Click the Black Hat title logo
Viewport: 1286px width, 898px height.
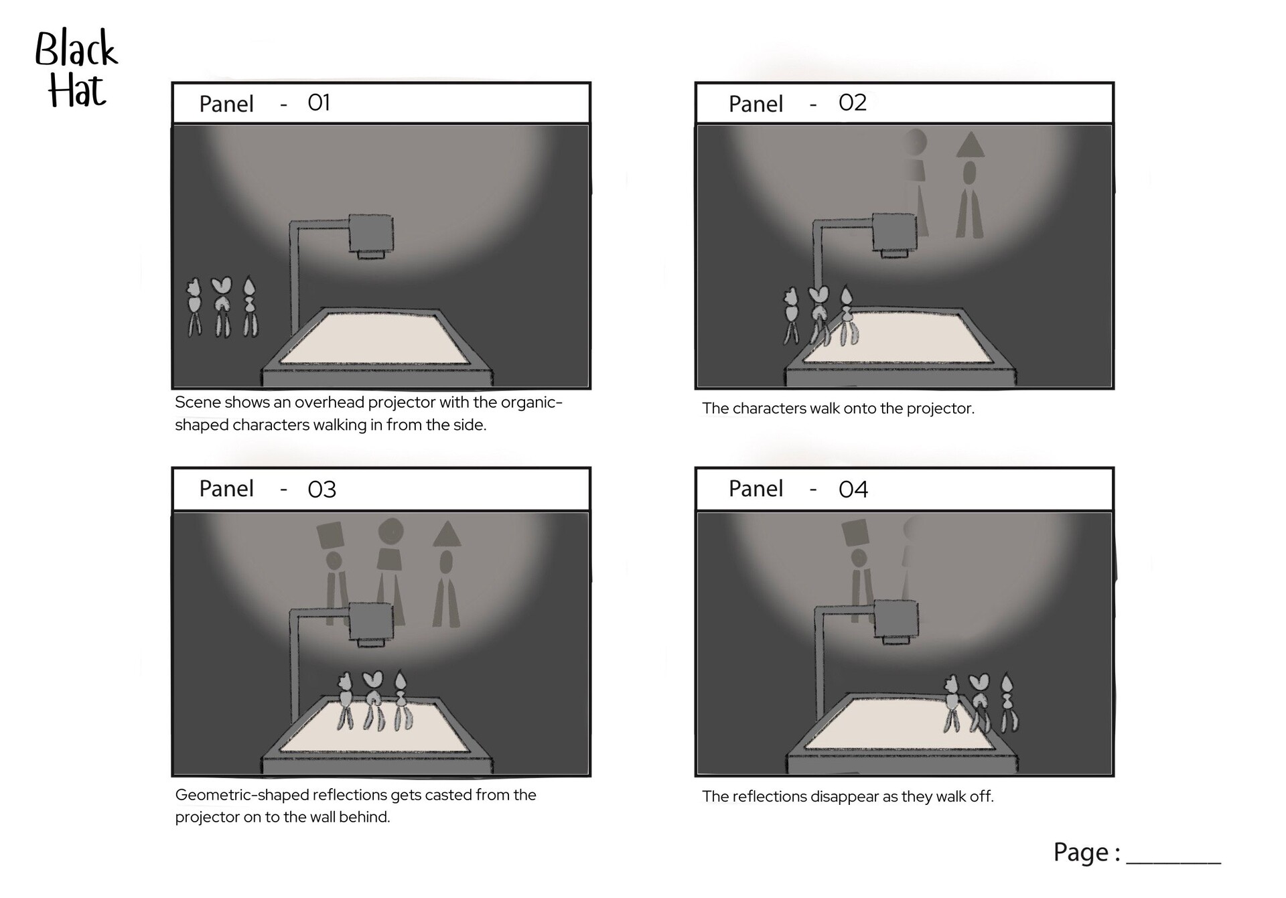pyautogui.click(x=76, y=69)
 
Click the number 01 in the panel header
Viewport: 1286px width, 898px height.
pyautogui.click(x=319, y=102)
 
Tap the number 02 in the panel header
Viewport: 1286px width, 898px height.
pyautogui.click(x=853, y=102)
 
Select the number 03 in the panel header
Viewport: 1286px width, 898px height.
pyautogui.click(x=321, y=490)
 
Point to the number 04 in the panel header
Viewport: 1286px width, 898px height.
pyautogui.click(x=853, y=490)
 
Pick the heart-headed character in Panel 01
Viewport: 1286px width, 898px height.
pyautogui.click(x=222, y=307)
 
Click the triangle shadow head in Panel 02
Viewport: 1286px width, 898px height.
pyautogui.click(x=970, y=145)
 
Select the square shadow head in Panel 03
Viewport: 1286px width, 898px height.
pyautogui.click(x=331, y=535)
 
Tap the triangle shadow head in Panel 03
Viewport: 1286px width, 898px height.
pyautogui.click(x=447, y=534)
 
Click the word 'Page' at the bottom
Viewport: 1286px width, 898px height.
pyautogui.click(x=1081, y=852)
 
